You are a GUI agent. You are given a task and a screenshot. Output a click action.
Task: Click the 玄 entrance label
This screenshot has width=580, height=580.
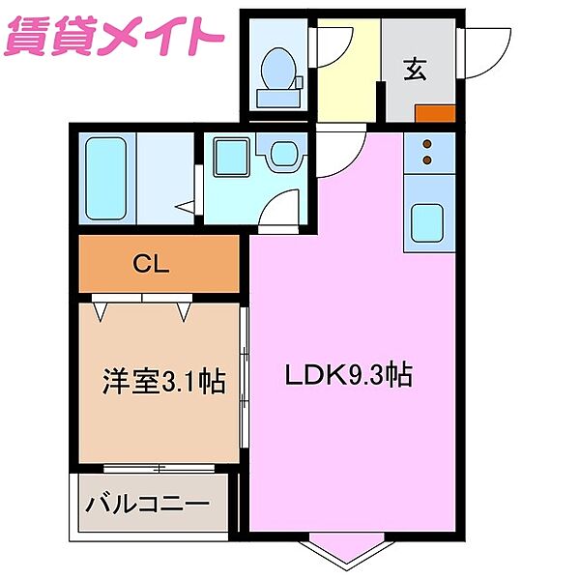416,69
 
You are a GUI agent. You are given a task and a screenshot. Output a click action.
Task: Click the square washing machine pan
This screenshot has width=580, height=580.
230,157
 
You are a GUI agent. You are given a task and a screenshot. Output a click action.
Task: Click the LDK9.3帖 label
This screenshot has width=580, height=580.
347,375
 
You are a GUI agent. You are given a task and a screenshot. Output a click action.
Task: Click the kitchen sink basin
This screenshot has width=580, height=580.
427,224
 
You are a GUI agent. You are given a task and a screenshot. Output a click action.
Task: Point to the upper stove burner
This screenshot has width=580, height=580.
427,145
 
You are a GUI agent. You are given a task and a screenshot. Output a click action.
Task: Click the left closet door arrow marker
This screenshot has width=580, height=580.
101,311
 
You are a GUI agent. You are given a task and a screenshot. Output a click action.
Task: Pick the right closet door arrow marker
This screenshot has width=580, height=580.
183,311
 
